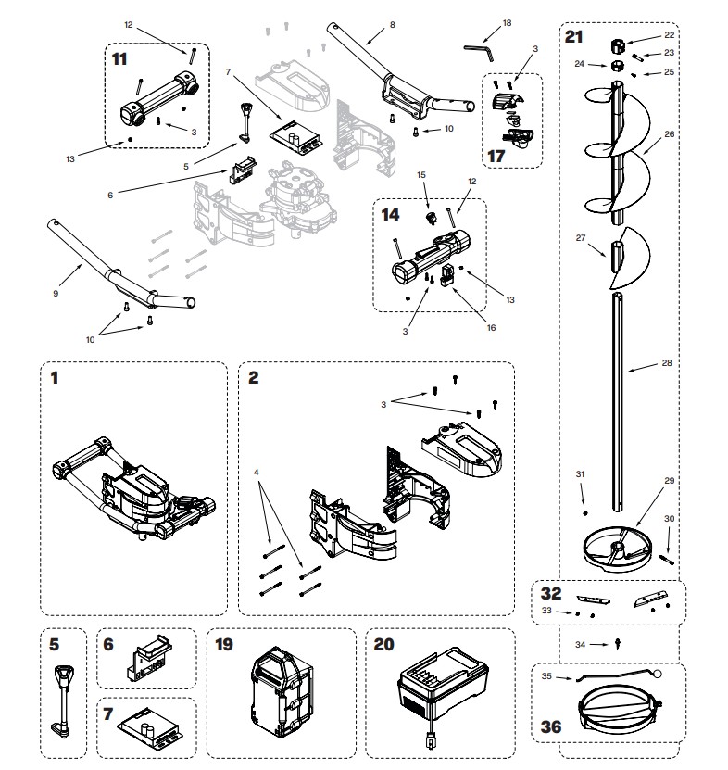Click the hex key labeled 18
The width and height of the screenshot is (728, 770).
[x=478, y=46]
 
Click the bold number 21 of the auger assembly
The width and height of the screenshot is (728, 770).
[x=575, y=37]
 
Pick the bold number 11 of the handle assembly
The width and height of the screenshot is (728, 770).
[x=119, y=57]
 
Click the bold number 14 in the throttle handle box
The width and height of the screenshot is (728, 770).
[x=391, y=213]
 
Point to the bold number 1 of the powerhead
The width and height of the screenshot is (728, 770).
[x=54, y=378]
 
